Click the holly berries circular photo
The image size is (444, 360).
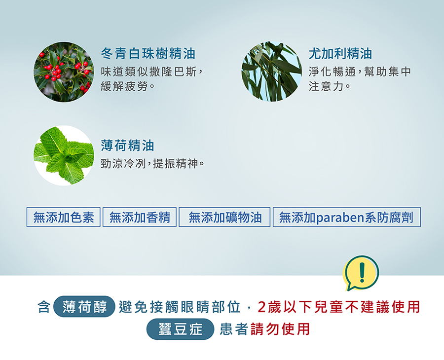coord(64,72)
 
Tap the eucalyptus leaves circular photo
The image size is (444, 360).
coord(271,72)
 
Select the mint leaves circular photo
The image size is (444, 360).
coord(64,155)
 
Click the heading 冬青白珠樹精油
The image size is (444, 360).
coord(148,53)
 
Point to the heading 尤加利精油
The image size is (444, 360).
coord(340,53)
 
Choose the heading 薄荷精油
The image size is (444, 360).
coord(127,145)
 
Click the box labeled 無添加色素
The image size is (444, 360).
coord(64,217)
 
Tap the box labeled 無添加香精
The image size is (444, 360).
coord(140,217)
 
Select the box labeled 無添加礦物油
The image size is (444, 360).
coord(224,217)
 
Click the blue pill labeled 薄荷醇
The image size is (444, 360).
coord(84,307)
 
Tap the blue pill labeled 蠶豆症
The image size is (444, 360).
coord(180,329)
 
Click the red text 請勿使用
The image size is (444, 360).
coord(280,329)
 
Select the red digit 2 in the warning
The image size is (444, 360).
coord(262,307)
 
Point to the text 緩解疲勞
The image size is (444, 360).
coord(124,86)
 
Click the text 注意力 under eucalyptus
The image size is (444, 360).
coord(326,86)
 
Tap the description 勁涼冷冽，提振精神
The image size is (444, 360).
coord(152,163)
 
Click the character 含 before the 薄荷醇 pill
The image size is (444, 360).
coord(44,307)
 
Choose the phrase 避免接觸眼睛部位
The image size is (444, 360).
coord(180,307)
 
